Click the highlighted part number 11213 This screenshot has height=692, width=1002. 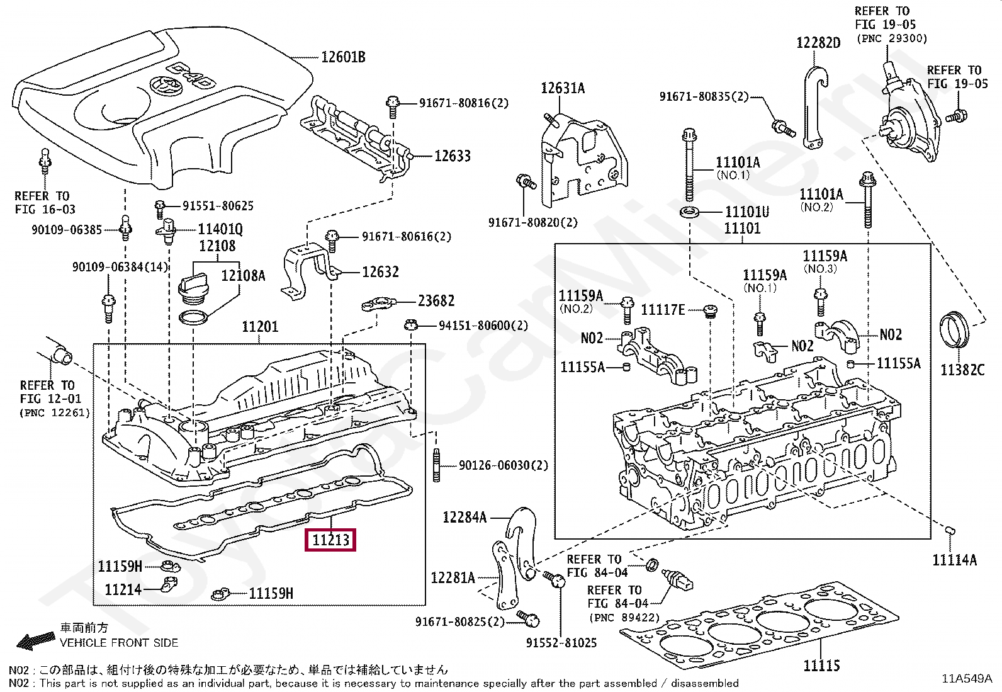click(x=330, y=540)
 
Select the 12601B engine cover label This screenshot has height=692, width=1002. click(x=343, y=57)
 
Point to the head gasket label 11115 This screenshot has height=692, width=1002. click(x=821, y=665)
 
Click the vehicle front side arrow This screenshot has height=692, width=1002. click(x=35, y=642)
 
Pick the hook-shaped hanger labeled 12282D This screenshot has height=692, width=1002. click(x=816, y=104)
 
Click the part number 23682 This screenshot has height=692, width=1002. click(x=436, y=301)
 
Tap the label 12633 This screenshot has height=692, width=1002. click(x=452, y=156)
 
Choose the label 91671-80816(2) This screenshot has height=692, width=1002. click(x=464, y=103)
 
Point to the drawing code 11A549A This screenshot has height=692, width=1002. click(x=967, y=678)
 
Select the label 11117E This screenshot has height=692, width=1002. click(x=662, y=309)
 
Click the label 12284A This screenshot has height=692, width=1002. click(x=464, y=517)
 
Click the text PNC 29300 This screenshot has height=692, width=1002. click(x=892, y=38)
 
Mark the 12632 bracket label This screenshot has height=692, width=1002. click(x=380, y=272)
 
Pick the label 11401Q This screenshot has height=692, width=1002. click(x=220, y=229)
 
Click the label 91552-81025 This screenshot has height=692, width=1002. click(x=561, y=643)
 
